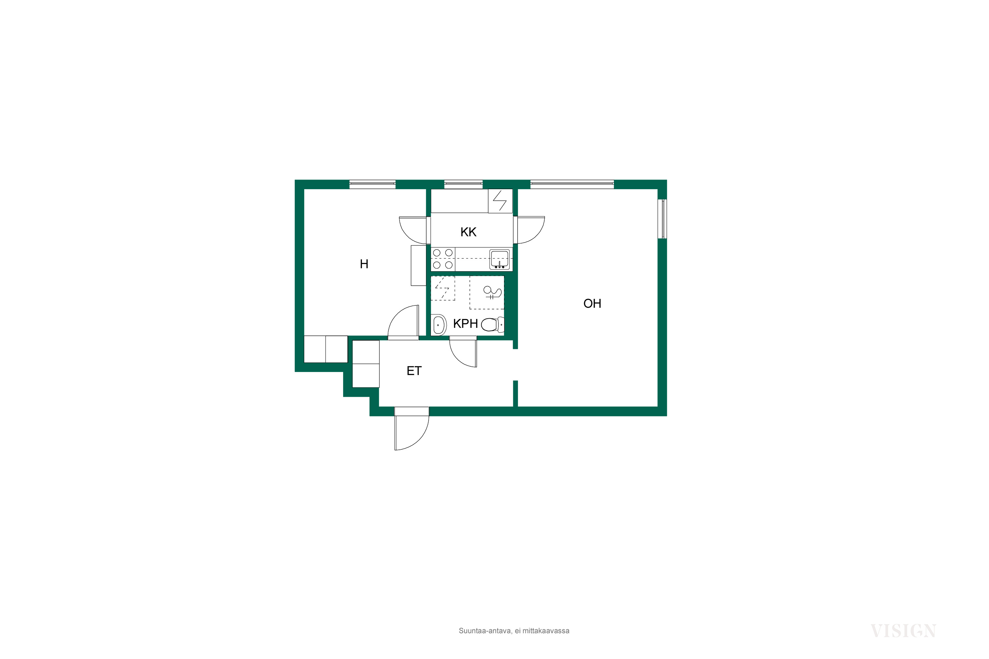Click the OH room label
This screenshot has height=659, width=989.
(592, 303)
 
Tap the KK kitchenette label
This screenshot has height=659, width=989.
(468, 232)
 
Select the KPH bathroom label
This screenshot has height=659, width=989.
(465, 324)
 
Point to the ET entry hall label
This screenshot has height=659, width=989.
(414, 371)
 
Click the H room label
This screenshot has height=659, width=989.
(364, 264)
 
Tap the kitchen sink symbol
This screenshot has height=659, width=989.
(499, 259)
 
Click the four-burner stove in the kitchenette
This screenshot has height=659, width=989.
(443, 259)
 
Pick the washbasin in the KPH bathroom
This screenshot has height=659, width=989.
(438, 325)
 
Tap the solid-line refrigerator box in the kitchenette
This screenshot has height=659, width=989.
(500, 201)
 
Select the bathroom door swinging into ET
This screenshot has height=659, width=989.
(463, 351)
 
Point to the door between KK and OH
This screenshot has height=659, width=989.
(529, 230)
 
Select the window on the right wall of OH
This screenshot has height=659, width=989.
(663, 218)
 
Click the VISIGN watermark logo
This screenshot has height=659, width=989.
(903, 631)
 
